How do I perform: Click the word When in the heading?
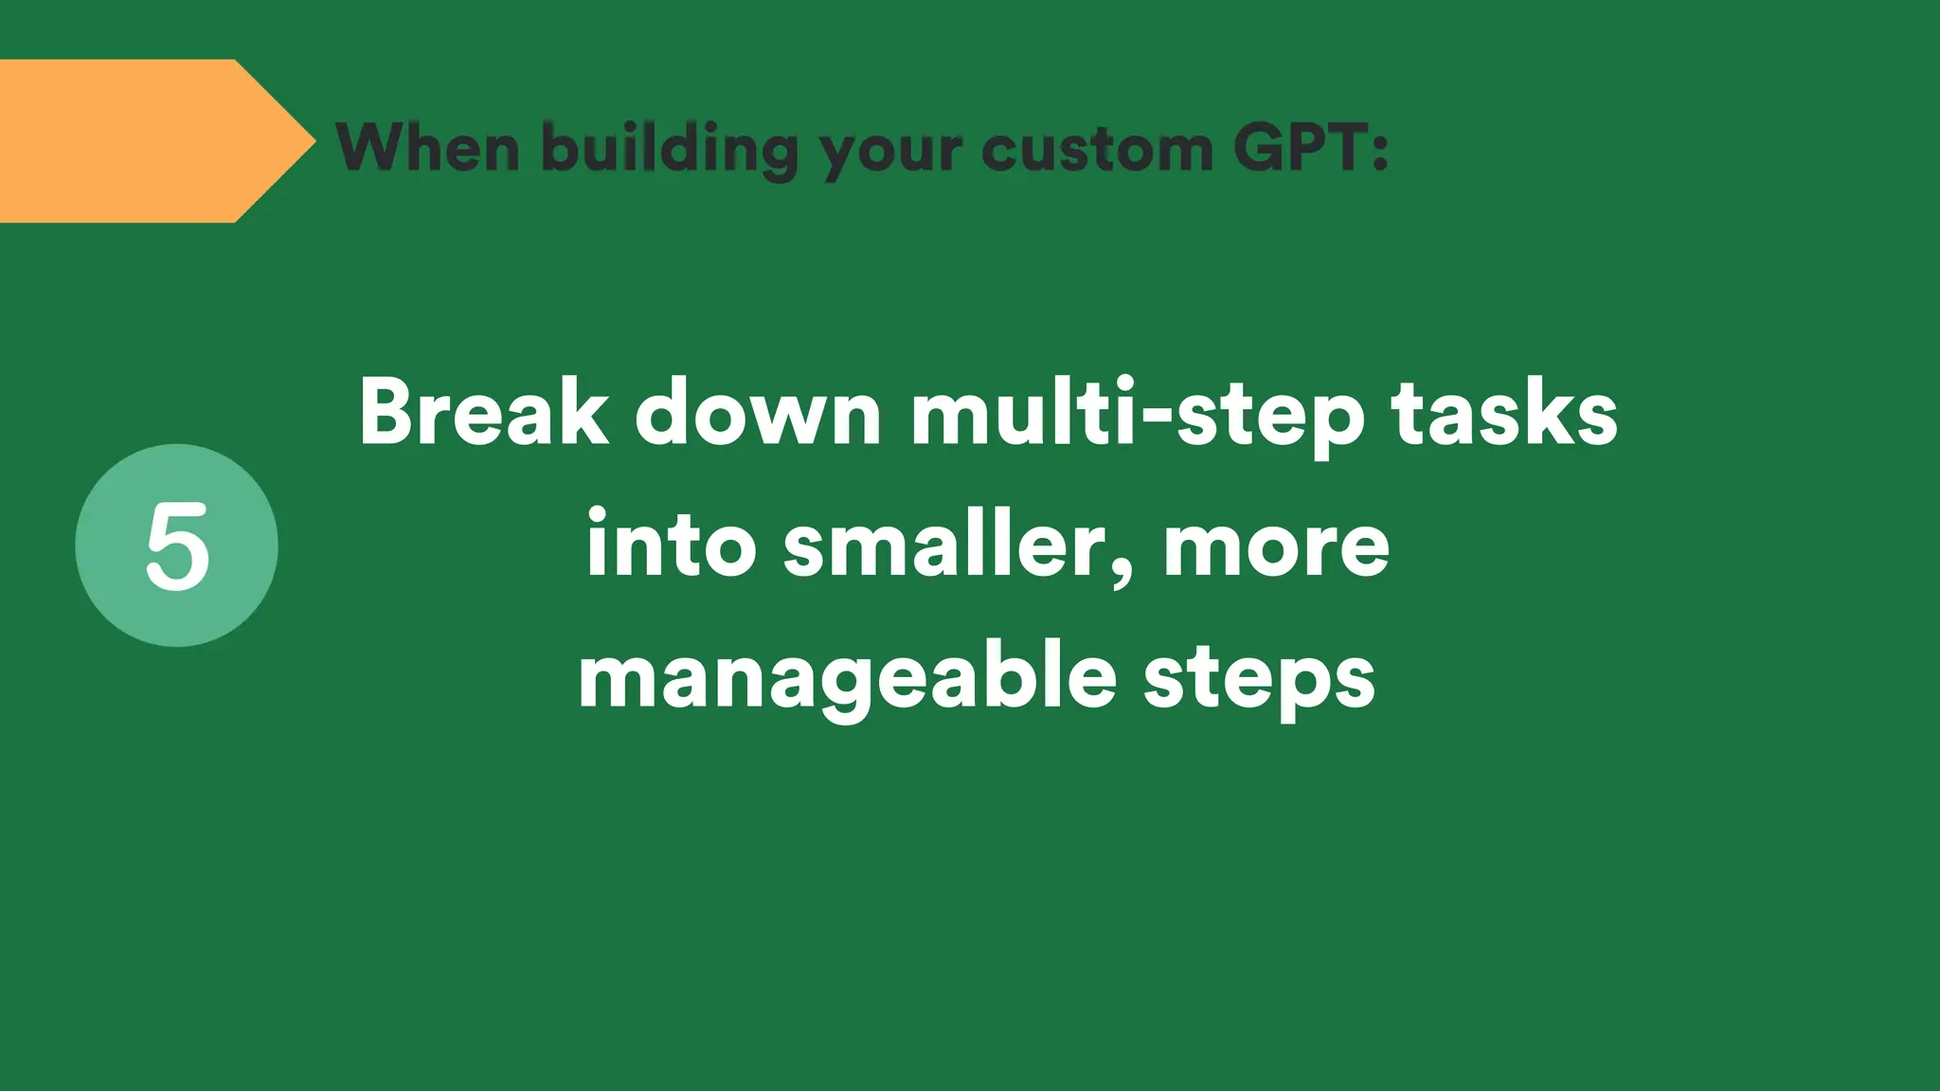(x=428, y=148)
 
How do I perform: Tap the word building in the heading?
(x=670, y=150)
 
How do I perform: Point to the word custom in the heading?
(x=1097, y=149)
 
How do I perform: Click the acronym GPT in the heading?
(x=1298, y=148)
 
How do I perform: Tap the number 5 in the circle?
(x=177, y=546)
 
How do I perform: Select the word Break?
(x=484, y=413)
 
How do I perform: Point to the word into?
(x=671, y=545)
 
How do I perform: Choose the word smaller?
(x=952, y=545)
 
